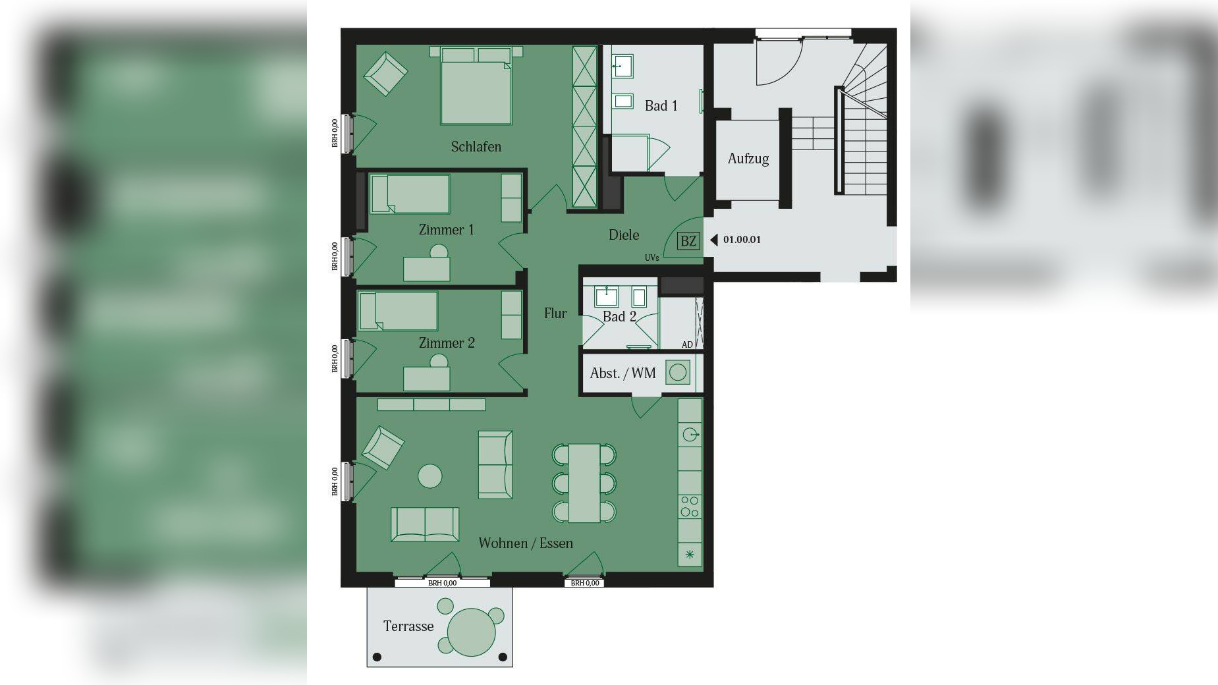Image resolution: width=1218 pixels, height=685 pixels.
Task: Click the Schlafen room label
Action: coord(476,147)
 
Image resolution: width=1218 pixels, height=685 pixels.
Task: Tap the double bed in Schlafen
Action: coord(476,86)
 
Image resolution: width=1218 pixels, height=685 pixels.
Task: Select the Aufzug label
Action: coord(748,159)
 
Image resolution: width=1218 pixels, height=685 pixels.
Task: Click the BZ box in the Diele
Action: coord(688,241)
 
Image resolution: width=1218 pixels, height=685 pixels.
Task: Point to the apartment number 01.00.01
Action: coord(742,240)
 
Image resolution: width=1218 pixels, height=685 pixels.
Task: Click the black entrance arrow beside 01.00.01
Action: coord(713,240)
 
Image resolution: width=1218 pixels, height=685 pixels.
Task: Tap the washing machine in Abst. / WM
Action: coord(677,373)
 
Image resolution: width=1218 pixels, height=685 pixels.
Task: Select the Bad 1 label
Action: coord(661,105)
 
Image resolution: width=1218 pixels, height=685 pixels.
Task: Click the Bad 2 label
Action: coord(619,317)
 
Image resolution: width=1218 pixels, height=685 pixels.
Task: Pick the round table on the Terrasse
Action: coord(471,632)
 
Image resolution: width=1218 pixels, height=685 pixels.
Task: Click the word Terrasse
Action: coord(408,626)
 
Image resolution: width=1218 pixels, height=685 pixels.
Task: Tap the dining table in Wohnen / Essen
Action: coord(584,483)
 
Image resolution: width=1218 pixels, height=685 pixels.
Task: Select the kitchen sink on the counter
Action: coord(690,435)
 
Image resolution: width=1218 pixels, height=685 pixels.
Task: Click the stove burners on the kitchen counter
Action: coord(690,507)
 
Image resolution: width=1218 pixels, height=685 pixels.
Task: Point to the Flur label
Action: coord(555,314)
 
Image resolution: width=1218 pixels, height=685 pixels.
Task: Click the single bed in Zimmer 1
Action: coord(409,194)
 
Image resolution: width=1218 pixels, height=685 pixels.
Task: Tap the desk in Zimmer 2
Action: coord(427,379)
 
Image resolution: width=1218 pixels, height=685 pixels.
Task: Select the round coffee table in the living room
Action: coord(430,476)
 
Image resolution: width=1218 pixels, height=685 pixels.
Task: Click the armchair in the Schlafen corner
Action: coord(385,74)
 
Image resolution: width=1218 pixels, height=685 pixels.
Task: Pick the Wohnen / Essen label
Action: coord(526,543)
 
